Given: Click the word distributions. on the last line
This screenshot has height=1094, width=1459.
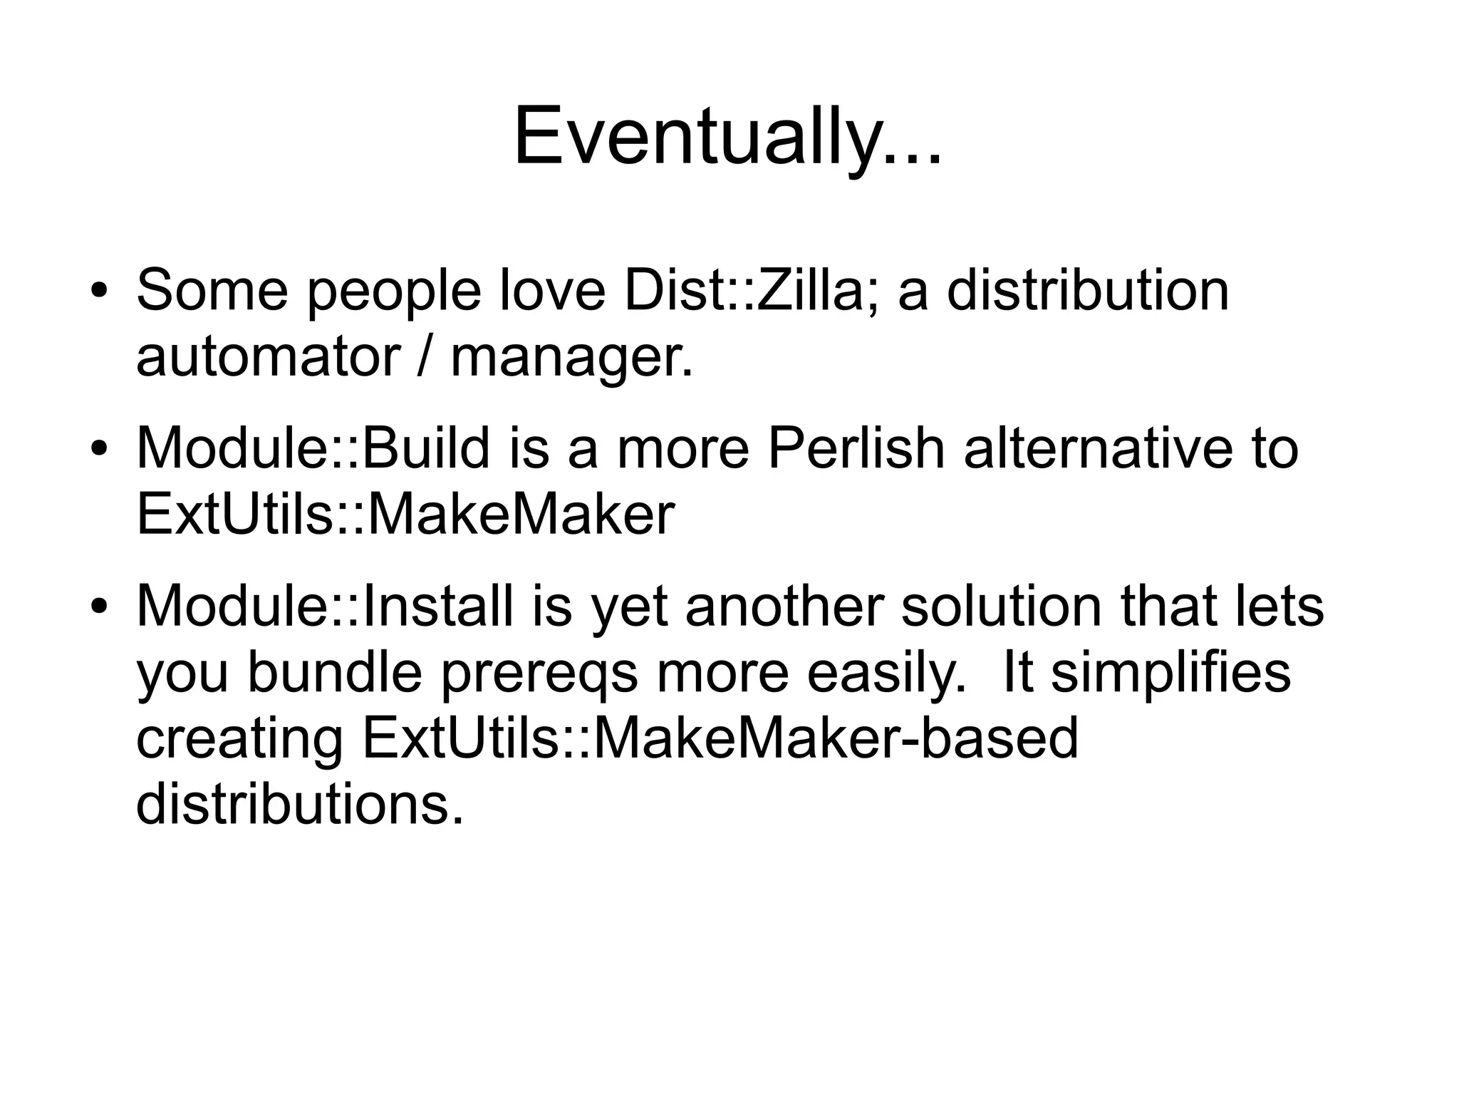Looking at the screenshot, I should coord(299,803).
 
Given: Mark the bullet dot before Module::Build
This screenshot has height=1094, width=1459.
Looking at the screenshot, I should coord(99,450).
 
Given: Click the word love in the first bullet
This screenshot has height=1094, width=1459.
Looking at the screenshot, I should coord(552,290).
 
